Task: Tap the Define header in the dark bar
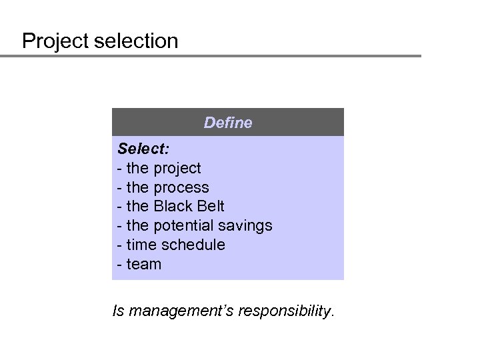point(228,123)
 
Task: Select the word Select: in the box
point(141,148)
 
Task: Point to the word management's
point(178,310)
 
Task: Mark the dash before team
point(119,265)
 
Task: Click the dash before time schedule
point(119,245)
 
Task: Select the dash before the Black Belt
point(119,207)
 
